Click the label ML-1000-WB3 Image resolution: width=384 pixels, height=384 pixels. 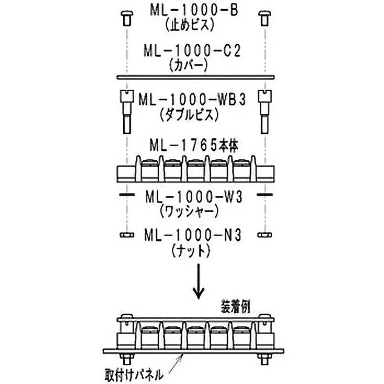[x=192, y=99]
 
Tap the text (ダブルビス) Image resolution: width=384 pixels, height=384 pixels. [x=192, y=115]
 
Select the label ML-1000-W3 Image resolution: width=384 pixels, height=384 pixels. [x=192, y=197]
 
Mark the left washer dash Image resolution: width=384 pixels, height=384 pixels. [x=126, y=194]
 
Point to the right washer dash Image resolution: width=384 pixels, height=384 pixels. [x=264, y=194]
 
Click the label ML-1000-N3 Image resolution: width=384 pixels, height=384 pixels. [x=192, y=235]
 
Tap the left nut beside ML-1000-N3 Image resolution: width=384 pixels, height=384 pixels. [x=126, y=235]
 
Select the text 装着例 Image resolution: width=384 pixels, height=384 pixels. [x=234, y=306]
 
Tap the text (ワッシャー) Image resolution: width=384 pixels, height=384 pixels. [x=192, y=211]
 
